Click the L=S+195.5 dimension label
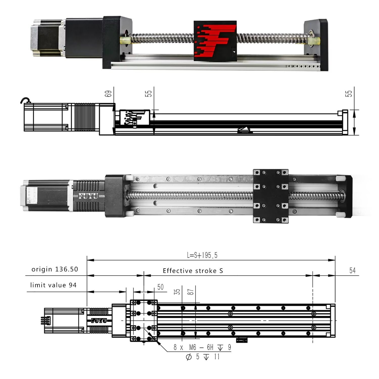202,255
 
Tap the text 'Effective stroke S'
193,271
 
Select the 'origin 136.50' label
55,269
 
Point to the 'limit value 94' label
53,285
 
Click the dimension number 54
352,271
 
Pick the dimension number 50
160,287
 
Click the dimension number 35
178,292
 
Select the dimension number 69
108,94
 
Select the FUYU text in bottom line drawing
99,321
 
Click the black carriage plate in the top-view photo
271,196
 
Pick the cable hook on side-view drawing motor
25,101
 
